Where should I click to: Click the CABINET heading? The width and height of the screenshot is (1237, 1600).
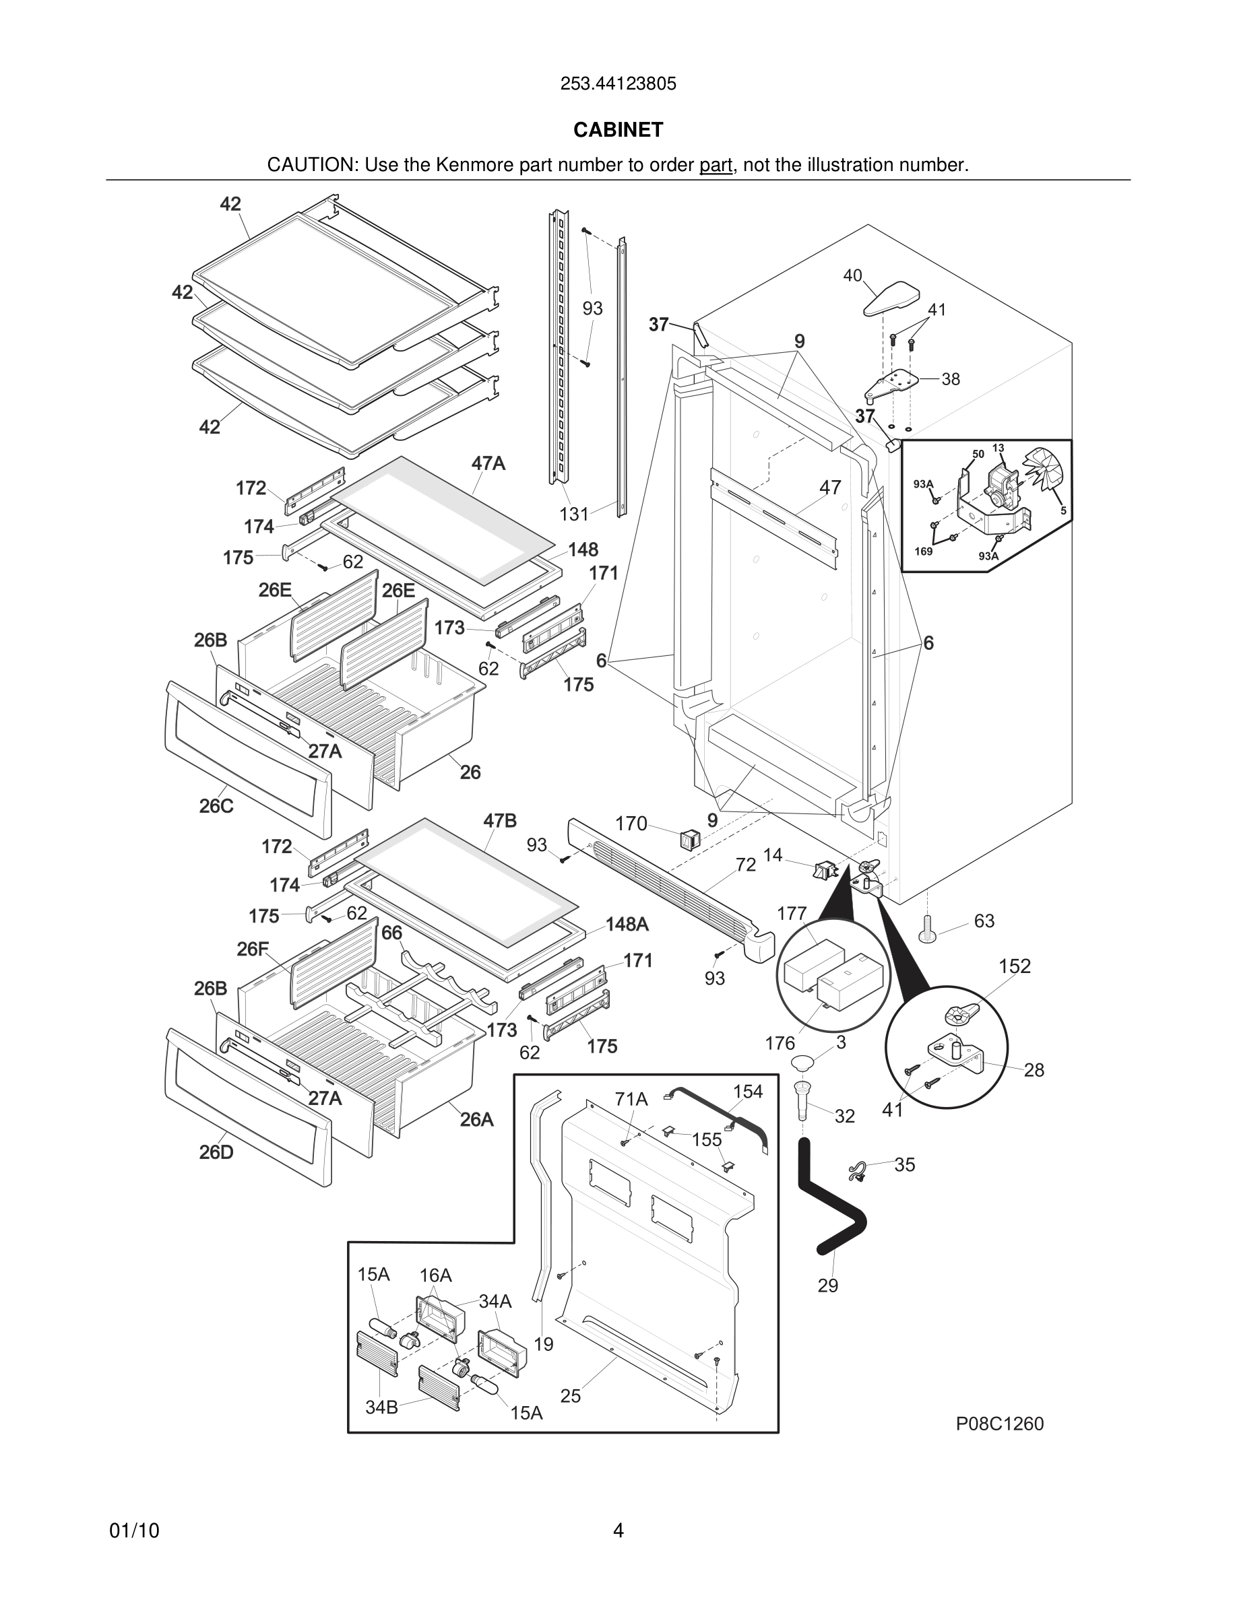coord(618,130)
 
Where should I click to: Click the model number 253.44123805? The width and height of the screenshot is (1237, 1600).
coord(618,84)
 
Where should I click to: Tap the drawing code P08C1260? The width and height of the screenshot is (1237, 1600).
coord(999,1424)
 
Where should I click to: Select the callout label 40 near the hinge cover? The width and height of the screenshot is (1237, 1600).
coord(852,275)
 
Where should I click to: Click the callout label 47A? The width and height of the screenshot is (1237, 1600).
coord(488,464)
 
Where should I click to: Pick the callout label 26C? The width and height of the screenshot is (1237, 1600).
coord(216,806)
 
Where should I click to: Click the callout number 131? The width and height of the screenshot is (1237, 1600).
coord(574,514)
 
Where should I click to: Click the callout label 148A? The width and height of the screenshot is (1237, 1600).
coord(627,925)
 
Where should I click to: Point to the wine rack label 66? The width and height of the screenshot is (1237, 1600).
coord(392,933)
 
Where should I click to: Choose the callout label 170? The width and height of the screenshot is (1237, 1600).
coord(631,824)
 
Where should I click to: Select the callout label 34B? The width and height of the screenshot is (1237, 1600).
coord(381,1407)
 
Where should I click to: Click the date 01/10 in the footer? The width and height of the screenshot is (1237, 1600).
coord(134,1531)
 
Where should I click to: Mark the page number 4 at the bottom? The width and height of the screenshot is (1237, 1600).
coord(618,1531)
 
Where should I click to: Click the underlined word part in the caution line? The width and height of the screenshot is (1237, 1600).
coord(716,166)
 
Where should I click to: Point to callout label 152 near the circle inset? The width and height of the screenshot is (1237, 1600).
coord(1014,966)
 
